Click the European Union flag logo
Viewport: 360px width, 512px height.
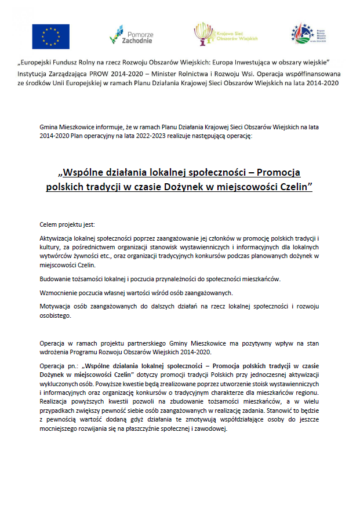(50, 36)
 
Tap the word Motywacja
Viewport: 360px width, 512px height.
(57, 306)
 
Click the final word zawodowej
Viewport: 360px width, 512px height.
(212, 430)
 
